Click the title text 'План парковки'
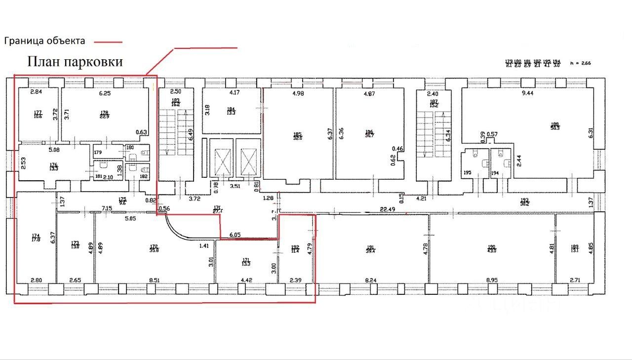(75, 62)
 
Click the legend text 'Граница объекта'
(45, 41)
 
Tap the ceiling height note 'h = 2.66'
(580, 63)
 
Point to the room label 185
(297, 133)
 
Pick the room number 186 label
(369, 132)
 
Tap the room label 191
(371, 248)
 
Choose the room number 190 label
(491, 247)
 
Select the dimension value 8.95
(491, 280)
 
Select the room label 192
(295, 247)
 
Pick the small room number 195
(468, 173)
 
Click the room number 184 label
(231, 110)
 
